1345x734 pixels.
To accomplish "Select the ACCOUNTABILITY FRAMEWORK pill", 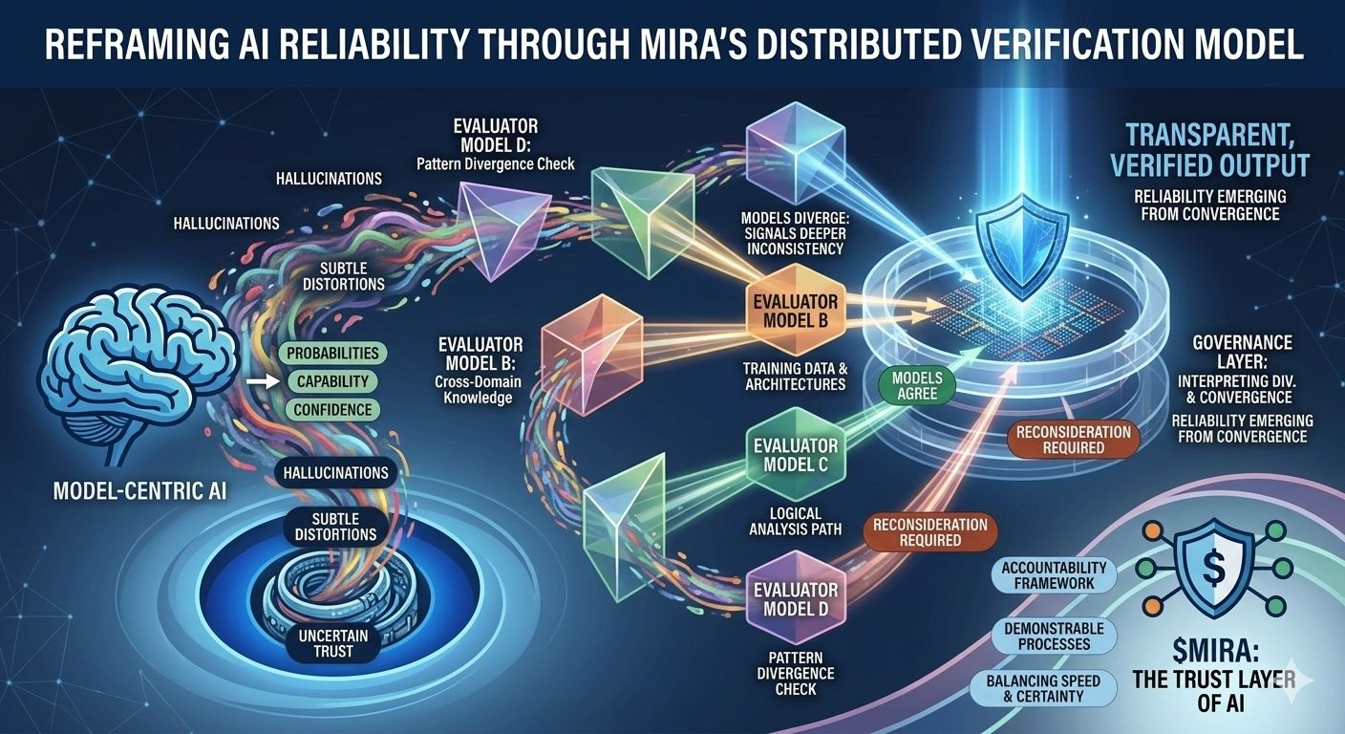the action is coord(1054,575).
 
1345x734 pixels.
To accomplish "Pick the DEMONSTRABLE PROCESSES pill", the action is coord(1054,636).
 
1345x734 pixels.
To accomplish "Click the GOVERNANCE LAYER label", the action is coord(1243,352).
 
